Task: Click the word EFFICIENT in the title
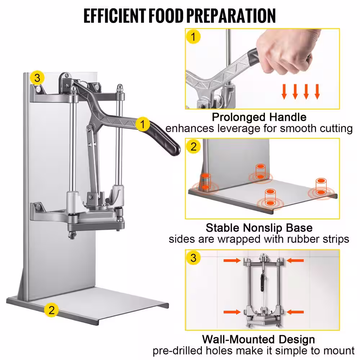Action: point(114,16)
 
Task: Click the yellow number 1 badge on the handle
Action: point(143,124)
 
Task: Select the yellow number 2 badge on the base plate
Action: point(51,310)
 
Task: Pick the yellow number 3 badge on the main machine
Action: point(37,78)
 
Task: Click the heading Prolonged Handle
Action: point(259,117)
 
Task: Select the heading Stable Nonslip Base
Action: point(259,228)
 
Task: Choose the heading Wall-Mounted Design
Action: point(258,339)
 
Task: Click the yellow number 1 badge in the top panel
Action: point(193,37)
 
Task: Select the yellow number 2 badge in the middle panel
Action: point(194,147)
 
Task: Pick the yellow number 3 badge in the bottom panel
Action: point(194,258)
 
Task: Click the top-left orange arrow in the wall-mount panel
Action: point(232,260)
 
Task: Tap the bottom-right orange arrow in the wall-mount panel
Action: point(295,312)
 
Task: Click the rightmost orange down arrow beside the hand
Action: point(317,91)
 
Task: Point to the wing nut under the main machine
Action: point(72,235)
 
